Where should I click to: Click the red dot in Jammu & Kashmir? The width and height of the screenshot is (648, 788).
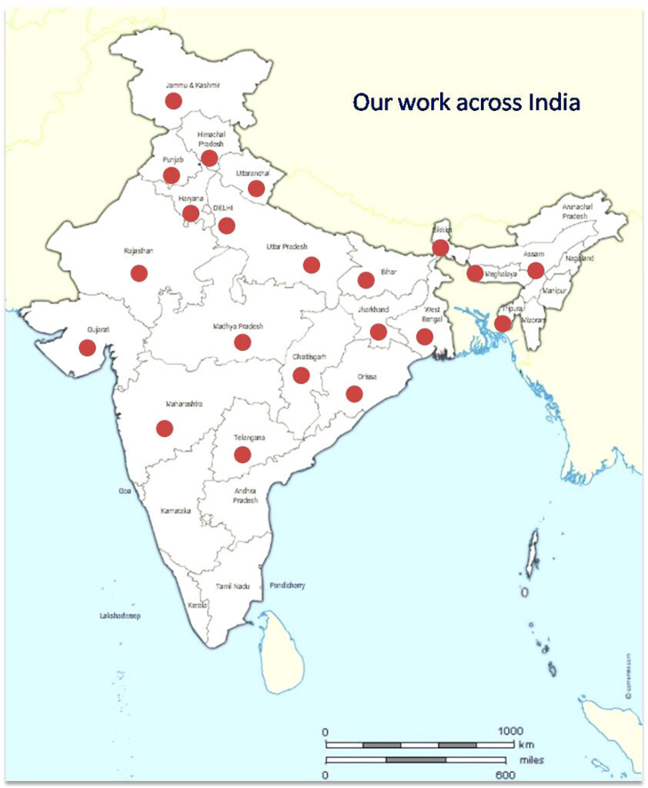click(x=173, y=101)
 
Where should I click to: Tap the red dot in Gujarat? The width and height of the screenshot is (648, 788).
click(x=87, y=348)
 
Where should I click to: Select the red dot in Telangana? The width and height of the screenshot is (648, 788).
click(x=242, y=455)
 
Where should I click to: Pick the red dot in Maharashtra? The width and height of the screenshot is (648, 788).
click(x=164, y=429)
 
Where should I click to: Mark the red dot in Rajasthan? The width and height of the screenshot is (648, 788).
click(x=139, y=272)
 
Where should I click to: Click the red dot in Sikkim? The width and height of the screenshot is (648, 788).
click(x=440, y=248)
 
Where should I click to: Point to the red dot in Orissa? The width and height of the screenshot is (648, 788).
click(x=354, y=394)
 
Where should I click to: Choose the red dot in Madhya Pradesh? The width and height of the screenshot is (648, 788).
click(x=242, y=342)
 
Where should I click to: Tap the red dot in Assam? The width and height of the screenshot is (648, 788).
click(x=536, y=270)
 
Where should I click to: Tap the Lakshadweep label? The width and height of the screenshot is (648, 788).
click(x=120, y=616)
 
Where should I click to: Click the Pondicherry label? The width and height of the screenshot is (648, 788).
click(x=288, y=586)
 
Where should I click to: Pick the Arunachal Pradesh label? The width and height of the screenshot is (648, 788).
click(x=575, y=212)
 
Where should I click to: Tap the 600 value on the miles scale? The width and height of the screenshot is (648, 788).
click(x=506, y=774)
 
